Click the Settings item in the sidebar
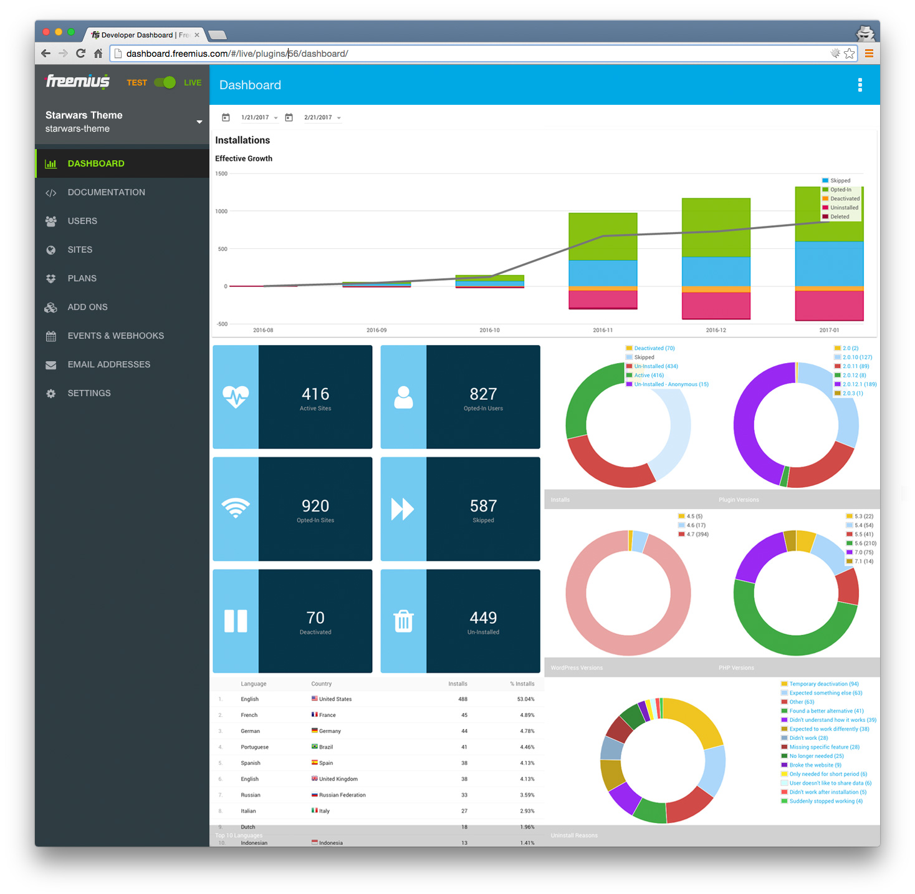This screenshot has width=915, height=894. click(89, 393)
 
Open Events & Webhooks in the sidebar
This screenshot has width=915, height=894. click(115, 336)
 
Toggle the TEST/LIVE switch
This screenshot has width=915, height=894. click(165, 82)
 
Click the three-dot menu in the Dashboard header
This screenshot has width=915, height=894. click(860, 85)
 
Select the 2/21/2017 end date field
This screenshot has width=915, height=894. click(319, 117)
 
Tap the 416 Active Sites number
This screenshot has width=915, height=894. click(315, 394)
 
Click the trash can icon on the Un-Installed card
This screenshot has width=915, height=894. click(403, 621)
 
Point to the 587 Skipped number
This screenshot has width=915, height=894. click(483, 506)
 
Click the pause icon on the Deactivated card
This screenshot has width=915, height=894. click(236, 621)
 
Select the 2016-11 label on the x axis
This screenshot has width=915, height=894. click(603, 330)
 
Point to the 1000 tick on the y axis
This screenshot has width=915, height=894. click(221, 211)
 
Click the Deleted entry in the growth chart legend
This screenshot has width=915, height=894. click(839, 216)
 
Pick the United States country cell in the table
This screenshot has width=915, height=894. click(335, 699)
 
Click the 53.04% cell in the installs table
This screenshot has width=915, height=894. click(525, 699)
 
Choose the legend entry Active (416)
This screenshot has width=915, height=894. click(648, 376)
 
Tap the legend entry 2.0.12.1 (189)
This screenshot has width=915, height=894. click(859, 384)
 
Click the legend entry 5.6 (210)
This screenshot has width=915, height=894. click(865, 543)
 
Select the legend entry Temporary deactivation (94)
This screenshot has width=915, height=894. click(823, 684)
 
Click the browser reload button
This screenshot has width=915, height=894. click(80, 54)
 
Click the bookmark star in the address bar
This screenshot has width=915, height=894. click(849, 54)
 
